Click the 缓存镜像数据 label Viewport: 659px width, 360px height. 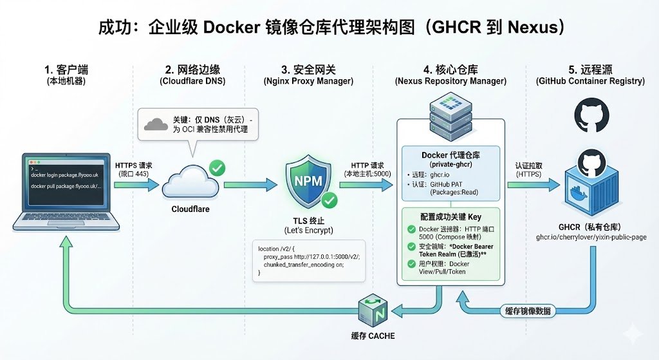pos(525,310)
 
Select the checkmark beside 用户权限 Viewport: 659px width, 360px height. pos(410,264)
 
